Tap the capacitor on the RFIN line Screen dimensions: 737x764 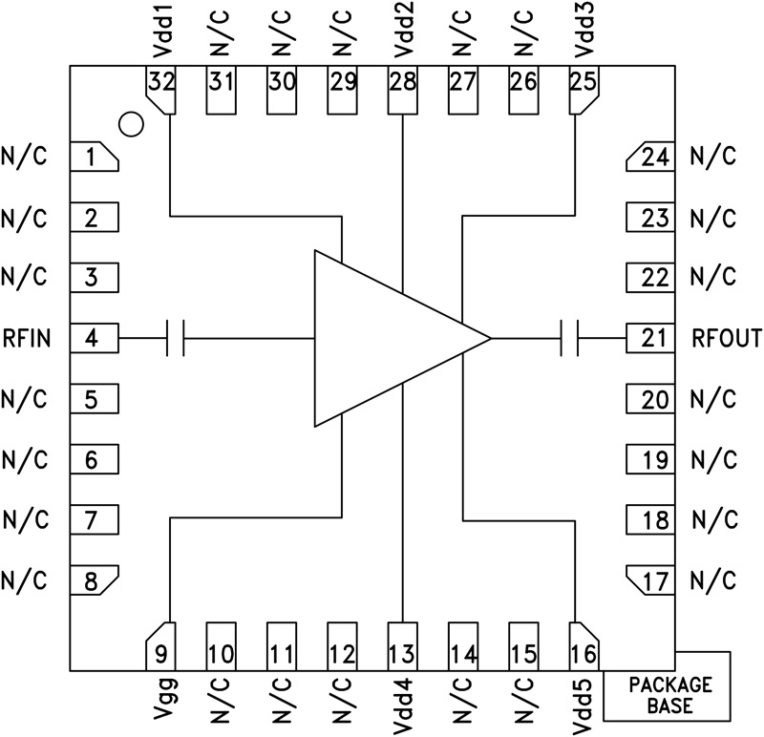[x=175, y=338]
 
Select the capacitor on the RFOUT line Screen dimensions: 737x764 [x=570, y=338]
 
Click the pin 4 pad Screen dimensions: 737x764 [x=94, y=338]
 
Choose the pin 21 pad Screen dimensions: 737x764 [x=651, y=338]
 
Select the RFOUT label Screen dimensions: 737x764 [x=729, y=338]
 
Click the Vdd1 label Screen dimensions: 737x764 [x=159, y=32]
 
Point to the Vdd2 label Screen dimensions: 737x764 [x=402, y=32]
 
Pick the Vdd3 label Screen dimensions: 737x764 [x=584, y=32]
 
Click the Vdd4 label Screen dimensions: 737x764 [x=402, y=703]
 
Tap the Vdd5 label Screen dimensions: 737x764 [x=584, y=703]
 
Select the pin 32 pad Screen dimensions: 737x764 [x=159, y=89]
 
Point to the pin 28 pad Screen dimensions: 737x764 [x=402, y=88]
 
